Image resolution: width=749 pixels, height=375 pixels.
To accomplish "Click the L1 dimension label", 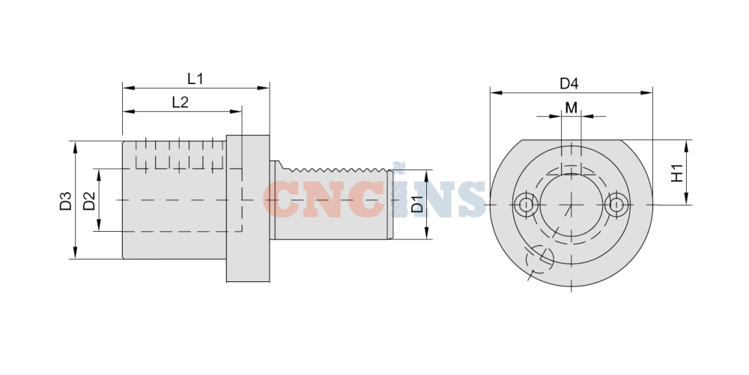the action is pos(195,79).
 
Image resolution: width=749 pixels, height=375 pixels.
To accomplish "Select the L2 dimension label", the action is pos(180,102).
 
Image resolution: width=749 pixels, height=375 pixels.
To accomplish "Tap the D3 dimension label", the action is pos(65,201).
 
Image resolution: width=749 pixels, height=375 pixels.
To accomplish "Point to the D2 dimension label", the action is pos(89,201).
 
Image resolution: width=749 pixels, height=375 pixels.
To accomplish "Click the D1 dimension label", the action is pos(417,204).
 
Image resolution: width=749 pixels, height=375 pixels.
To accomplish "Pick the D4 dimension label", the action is pos(569,84).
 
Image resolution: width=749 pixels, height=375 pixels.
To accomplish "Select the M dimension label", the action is pos(571,108).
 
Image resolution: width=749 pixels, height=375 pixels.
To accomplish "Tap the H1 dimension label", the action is pos(677,173).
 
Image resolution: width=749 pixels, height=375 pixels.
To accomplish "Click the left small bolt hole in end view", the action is pos(527,205).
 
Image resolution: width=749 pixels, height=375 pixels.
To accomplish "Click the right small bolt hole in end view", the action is pos(616,205).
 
